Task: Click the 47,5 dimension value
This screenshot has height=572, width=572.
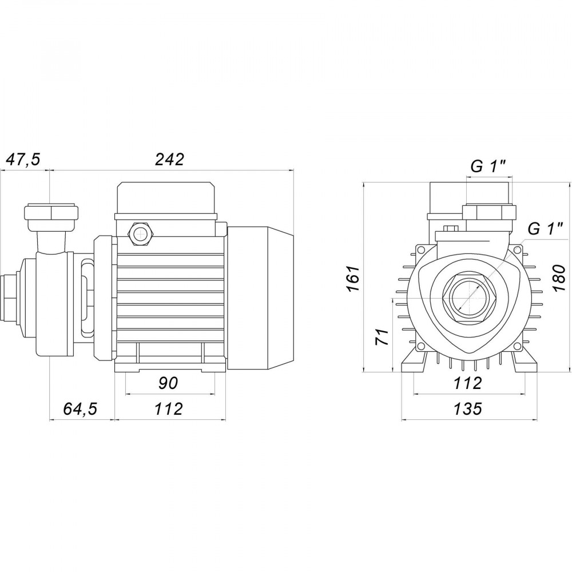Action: pos(23,160)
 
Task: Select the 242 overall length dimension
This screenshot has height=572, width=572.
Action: pos(170,160)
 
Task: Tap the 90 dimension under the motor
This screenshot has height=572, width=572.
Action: pos(169,383)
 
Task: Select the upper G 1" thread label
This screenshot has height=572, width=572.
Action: pos(488,167)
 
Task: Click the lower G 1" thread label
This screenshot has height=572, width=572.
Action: pos(545,229)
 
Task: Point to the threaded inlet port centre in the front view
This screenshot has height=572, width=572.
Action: pos(468,299)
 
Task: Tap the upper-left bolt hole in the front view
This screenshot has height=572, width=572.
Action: pos(421,250)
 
